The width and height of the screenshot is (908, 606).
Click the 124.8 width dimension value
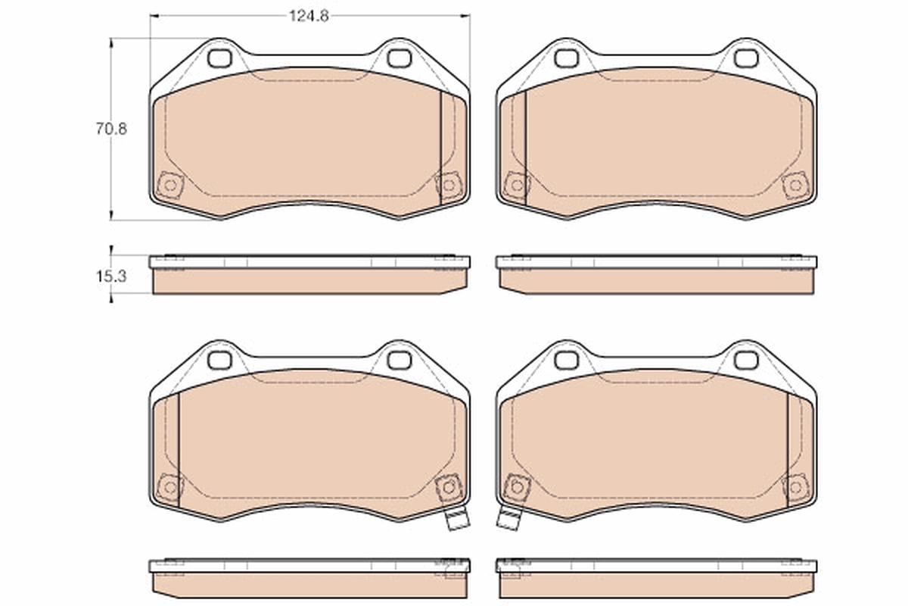[x=309, y=16]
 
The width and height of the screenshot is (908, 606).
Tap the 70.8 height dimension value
[x=111, y=129]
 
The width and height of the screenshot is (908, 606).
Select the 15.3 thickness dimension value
[x=110, y=276]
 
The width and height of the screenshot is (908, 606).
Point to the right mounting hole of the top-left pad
[x=399, y=58]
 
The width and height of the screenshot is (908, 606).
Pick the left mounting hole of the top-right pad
[x=565, y=58]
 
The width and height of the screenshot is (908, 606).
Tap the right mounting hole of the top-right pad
[x=745, y=58]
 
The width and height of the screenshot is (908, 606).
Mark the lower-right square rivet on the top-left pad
[x=448, y=185]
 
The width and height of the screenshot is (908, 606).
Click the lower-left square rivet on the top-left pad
[x=169, y=185]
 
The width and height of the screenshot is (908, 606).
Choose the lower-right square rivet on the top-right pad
[x=794, y=185]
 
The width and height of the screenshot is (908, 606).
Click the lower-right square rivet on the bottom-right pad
[x=794, y=487]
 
